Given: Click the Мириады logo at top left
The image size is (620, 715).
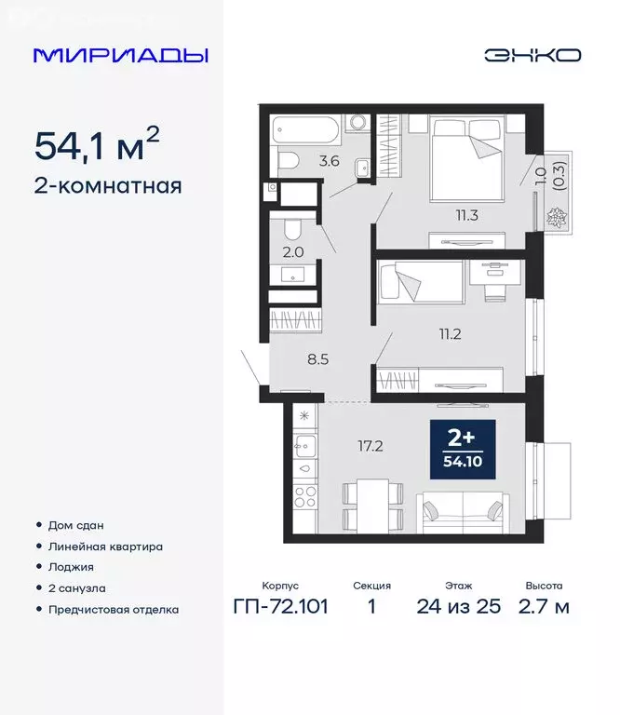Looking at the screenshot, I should coord(121,55).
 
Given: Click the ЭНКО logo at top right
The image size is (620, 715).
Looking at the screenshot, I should coord(532,55).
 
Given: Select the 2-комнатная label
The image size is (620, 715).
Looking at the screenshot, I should coord(108,185).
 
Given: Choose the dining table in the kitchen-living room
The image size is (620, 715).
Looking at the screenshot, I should coord(372,506).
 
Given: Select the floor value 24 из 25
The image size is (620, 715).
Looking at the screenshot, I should coord(459,607).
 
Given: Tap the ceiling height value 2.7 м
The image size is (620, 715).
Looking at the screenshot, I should coord(543,607).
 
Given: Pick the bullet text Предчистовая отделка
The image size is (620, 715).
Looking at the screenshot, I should coord(114,610).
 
